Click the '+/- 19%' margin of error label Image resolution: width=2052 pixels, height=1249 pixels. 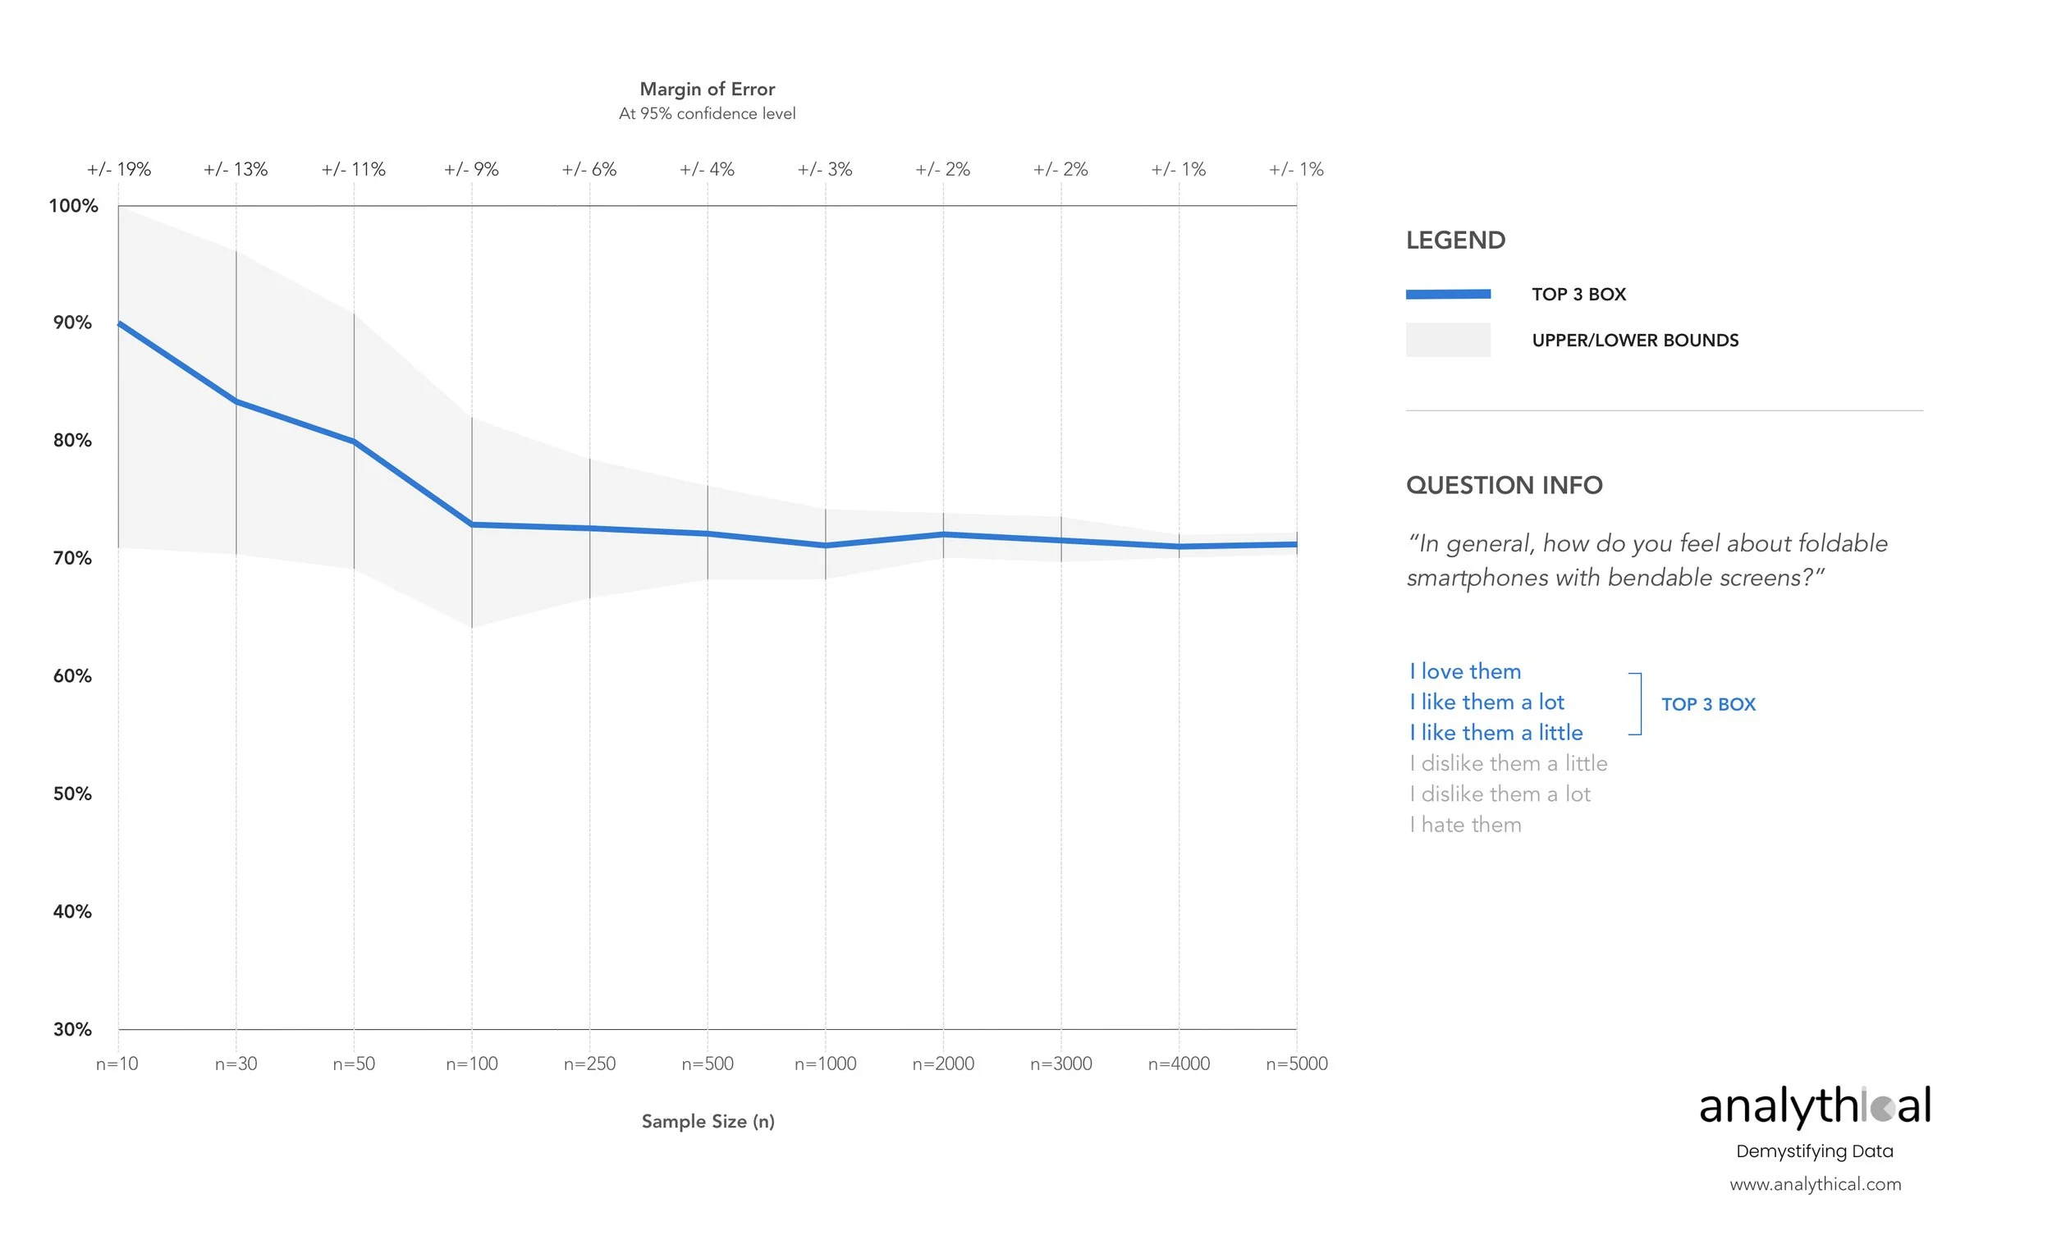point(119,170)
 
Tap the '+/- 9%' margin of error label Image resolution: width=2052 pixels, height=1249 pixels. point(471,170)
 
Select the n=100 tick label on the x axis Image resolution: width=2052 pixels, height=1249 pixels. point(471,1064)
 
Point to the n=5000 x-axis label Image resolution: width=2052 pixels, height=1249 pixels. point(1297,1064)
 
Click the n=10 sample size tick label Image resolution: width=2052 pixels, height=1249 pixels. point(117,1064)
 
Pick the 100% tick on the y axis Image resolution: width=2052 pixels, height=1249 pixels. point(73,206)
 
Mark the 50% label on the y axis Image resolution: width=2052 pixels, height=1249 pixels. point(72,794)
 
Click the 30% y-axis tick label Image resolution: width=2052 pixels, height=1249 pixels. point(72,1030)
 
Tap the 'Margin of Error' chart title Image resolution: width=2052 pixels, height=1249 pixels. point(707,89)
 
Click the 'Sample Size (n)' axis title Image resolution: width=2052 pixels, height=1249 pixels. point(708,1122)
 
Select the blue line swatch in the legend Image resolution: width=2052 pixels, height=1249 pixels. point(1448,294)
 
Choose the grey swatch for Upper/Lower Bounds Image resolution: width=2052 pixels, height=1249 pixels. point(1448,340)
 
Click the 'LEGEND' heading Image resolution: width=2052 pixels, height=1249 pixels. point(1456,240)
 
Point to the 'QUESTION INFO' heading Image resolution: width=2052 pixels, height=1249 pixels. point(1504,486)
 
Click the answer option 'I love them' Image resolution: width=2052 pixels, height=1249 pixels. point(1466,672)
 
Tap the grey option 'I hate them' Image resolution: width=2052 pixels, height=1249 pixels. point(1466,826)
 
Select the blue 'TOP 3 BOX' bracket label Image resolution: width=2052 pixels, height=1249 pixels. point(1708,704)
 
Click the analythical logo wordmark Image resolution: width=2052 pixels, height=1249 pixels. point(1815,1106)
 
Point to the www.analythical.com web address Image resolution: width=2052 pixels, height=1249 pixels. point(1816,1185)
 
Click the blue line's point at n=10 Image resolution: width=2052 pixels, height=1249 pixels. point(119,323)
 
